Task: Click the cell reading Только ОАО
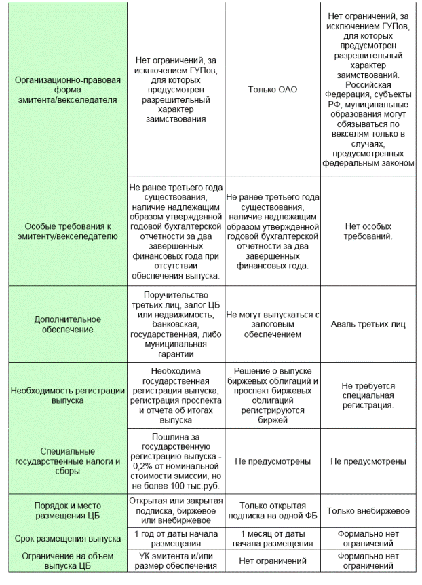click(x=272, y=89)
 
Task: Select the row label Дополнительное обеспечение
click(x=67, y=324)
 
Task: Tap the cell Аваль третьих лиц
click(x=368, y=324)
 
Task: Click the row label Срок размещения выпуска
click(x=67, y=537)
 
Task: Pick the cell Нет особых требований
click(x=368, y=231)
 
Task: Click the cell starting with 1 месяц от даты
click(x=272, y=537)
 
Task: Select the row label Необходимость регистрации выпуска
click(x=67, y=395)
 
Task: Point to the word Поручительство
click(x=176, y=295)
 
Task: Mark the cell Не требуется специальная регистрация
click(x=368, y=395)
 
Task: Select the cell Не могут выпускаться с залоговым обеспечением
click(x=272, y=324)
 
